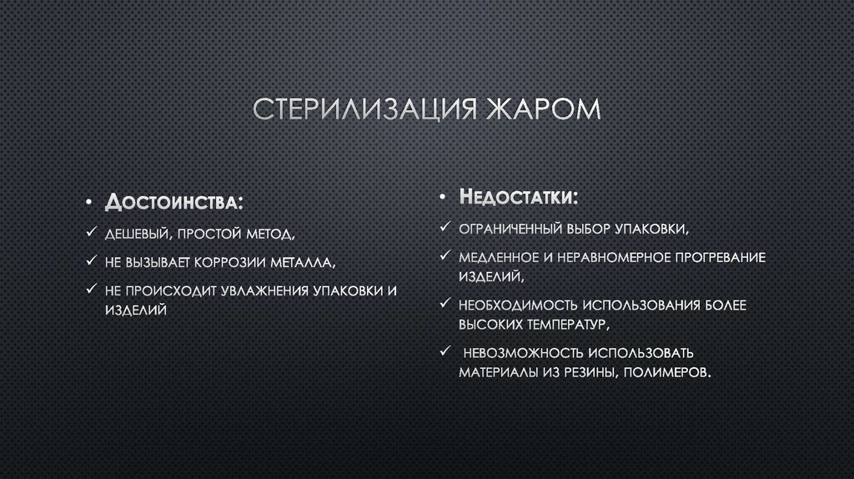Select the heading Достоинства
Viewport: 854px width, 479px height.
[175, 203]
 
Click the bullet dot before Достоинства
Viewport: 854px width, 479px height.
[89, 204]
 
